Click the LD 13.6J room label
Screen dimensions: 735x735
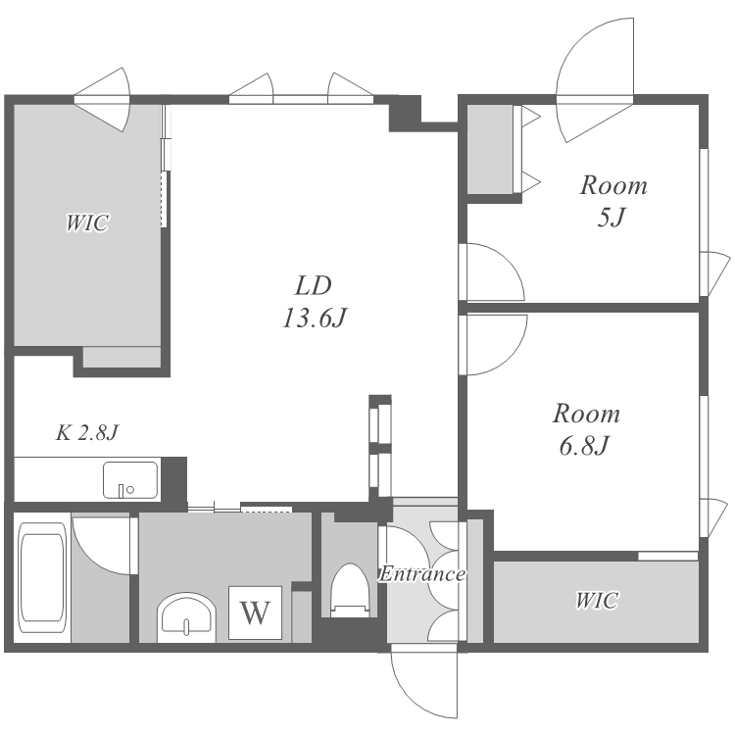pyautogui.click(x=314, y=302)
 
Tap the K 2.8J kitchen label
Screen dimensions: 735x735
pyautogui.click(x=87, y=432)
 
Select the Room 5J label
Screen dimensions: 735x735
pyautogui.click(x=613, y=201)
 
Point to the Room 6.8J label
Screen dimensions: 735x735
pyautogui.click(x=586, y=429)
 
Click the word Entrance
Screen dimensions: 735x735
pyautogui.click(x=421, y=573)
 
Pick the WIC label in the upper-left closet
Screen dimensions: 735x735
pyautogui.click(x=87, y=222)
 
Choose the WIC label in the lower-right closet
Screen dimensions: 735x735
pyautogui.click(x=596, y=601)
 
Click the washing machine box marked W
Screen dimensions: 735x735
pyautogui.click(x=255, y=612)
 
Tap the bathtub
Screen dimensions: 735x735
pyautogui.click(x=41, y=578)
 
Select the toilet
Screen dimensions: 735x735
pyautogui.click(x=350, y=589)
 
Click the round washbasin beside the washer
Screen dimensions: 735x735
pyautogui.click(x=186, y=617)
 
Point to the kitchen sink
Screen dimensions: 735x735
pyautogui.click(x=130, y=480)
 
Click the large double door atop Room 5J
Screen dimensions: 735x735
pyautogui.click(x=595, y=79)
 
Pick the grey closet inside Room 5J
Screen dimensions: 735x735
pyautogui.click(x=490, y=149)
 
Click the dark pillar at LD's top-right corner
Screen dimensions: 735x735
pyautogui.click(x=405, y=113)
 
